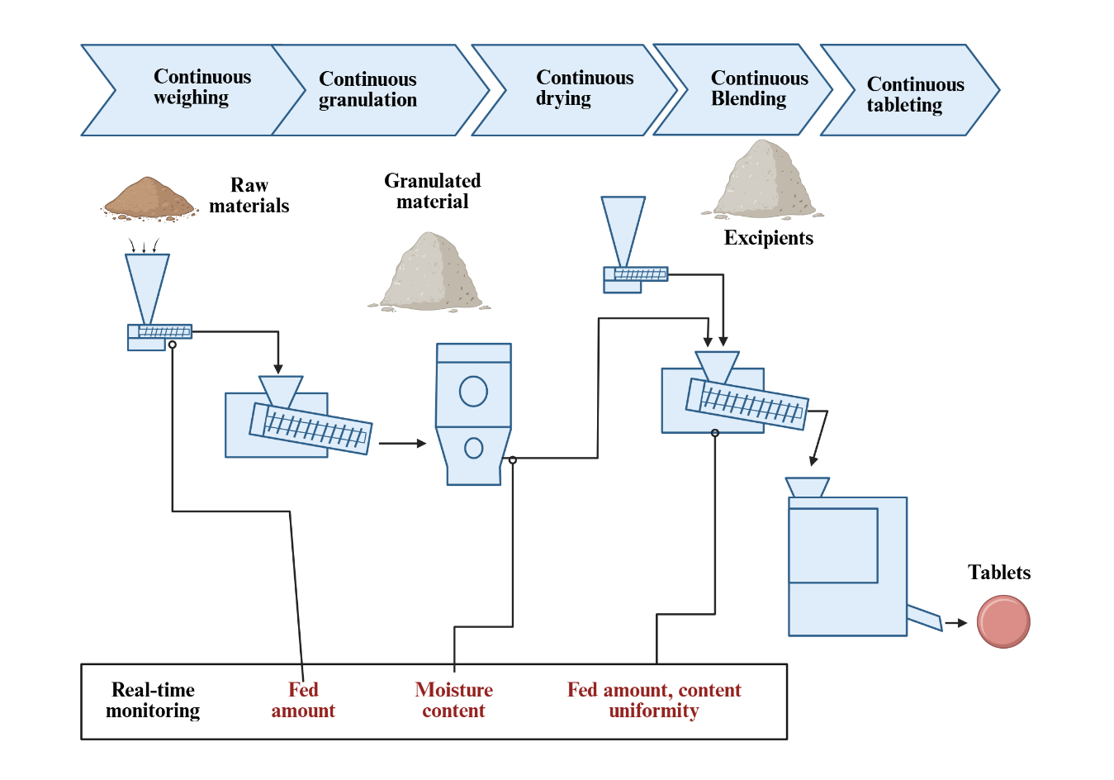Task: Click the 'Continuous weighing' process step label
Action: (x=201, y=88)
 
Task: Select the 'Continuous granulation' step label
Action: (x=367, y=89)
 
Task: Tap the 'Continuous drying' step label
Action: (x=584, y=88)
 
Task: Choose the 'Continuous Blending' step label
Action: (x=759, y=88)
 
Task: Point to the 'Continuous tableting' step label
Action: (x=915, y=95)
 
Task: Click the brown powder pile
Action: (x=149, y=199)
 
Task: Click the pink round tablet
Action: (x=1003, y=621)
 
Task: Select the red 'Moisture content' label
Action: (x=453, y=700)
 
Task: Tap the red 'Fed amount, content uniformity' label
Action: (x=653, y=700)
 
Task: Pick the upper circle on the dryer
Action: (x=473, y=391)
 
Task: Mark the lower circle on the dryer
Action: (x=473, y=448)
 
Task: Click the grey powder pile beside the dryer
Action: (x=430, y=273)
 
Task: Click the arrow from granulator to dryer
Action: (x=402, y=444)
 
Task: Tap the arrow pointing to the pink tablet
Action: (x=955, y=623)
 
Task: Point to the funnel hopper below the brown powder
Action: (x=147, y=286)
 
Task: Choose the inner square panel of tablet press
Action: (x=833, y=545)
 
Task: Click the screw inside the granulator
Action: (x=315, y=429)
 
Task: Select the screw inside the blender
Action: (x=751, y=405)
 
